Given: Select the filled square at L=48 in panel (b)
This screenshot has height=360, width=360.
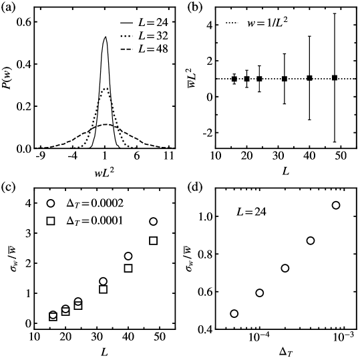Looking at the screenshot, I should click(x=335, y=78).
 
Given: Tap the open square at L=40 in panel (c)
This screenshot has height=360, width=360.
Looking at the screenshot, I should click(x=128, y=268).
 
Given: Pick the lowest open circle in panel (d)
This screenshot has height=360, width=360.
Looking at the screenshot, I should click(x=234, y=313).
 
